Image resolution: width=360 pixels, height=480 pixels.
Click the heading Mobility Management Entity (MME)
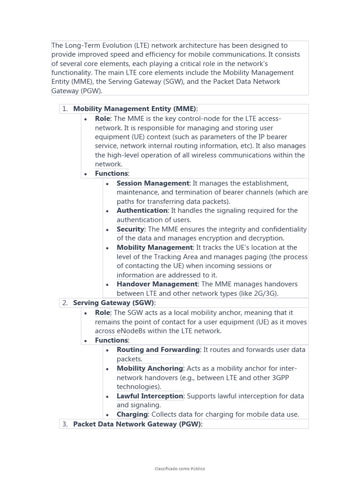coord(135,109)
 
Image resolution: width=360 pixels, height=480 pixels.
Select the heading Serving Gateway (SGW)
coord(113,303)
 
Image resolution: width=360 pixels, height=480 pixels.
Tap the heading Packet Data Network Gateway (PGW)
coord(137,424)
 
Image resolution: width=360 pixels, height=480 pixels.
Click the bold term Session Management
coord(153,183)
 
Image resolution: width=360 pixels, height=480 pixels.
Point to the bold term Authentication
coord(142,210)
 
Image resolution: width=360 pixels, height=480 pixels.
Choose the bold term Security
coord(130,229)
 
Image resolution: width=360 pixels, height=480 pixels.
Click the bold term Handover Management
coord(157,284)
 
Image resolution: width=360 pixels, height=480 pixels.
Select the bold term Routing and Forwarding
coord(158,350)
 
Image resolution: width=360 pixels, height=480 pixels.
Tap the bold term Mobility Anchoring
coord(150,368)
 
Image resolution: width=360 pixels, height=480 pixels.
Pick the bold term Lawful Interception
coord(150,396)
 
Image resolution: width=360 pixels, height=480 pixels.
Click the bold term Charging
coord(132,414)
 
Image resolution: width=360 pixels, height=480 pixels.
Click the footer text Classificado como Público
coord(180,469)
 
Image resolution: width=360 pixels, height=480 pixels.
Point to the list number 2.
coord(65,303)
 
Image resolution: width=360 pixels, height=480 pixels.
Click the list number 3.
coord(65,424)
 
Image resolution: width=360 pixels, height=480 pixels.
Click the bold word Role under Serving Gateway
coord(102,313)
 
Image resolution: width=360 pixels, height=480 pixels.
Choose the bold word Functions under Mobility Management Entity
coord(111,173)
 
